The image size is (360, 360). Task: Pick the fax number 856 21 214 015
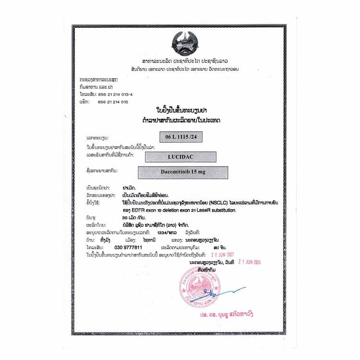pos(113,102)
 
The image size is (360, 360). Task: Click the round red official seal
pos(196,290)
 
